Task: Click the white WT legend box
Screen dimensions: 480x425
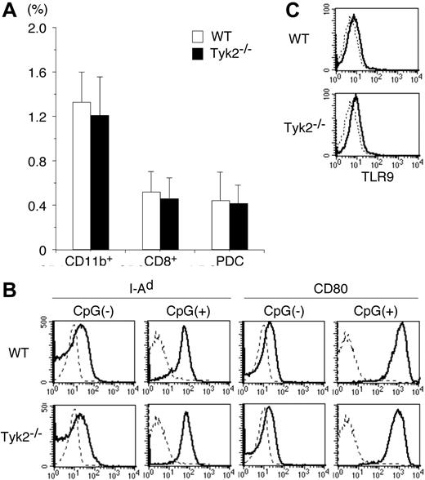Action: tap(196, 37)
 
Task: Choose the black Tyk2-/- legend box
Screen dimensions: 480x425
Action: tap(196, 52)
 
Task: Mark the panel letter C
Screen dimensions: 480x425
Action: tap(293, 9)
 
